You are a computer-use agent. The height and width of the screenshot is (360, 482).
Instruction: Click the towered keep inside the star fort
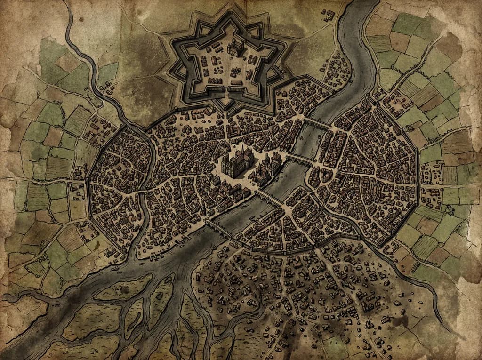coord(235,47)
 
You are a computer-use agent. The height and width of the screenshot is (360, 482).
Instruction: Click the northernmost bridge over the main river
coord(318,124)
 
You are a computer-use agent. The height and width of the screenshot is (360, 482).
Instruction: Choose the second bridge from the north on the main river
coord(300,159)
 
